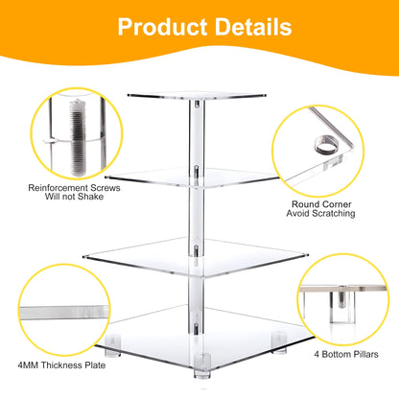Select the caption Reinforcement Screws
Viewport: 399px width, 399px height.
69,188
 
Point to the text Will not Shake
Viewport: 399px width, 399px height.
69,199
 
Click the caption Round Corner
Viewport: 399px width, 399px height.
322,202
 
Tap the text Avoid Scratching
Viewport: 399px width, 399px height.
322,214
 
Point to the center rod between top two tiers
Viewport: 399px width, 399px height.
196,134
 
